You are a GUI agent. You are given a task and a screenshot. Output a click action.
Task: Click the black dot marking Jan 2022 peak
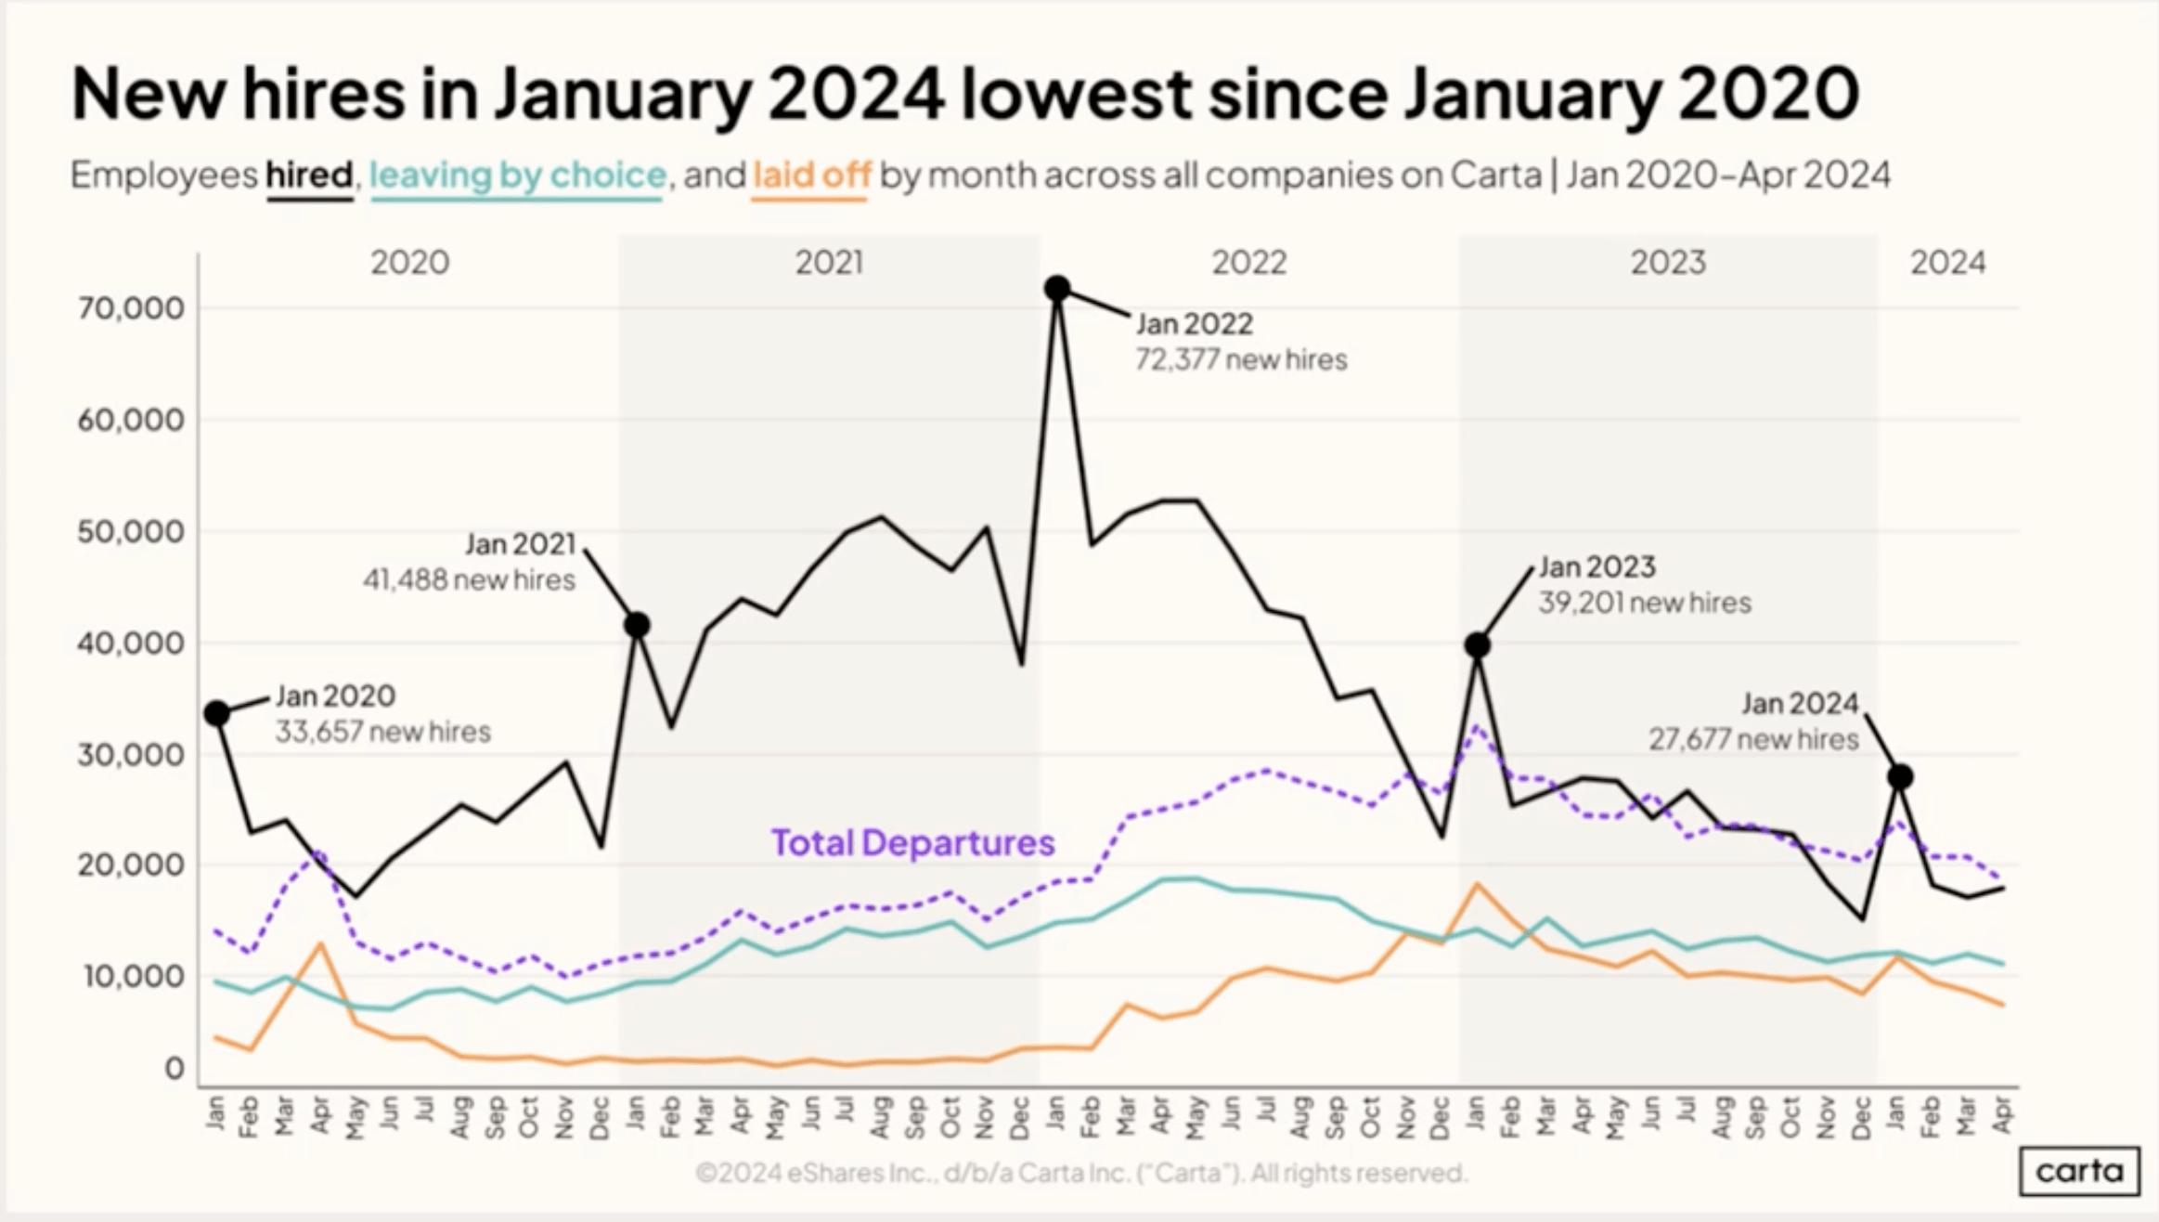coord(1056,289)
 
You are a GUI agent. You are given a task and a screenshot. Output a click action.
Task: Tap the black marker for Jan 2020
coord(217,713)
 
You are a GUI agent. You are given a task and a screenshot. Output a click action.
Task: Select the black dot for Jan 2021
coord(637,625)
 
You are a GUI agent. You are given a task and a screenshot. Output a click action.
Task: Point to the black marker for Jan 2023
coord(1478,645)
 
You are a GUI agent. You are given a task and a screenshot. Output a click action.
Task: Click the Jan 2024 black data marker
coord(1900,776)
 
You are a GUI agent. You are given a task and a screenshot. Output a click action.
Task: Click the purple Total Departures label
coord(912,842)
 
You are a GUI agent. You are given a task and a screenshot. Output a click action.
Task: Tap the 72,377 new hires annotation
coord(1240,359)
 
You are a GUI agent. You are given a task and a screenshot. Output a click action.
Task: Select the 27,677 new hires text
coord(1752,739)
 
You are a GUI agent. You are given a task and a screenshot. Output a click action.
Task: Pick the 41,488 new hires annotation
coord(469,579)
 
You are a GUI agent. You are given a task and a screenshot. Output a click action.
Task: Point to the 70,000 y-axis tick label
coord(131,307)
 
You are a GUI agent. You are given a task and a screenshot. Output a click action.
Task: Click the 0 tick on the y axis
coord(175,1069)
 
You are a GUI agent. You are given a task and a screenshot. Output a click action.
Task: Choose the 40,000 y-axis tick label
coord(131,643)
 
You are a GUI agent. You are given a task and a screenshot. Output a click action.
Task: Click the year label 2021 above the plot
coord(829,263)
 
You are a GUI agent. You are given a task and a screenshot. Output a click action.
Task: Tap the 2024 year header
coord(1947,263)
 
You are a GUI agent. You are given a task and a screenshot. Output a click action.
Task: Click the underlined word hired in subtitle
coord(309,175)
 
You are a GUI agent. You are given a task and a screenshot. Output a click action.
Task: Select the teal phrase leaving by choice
coord(517,175)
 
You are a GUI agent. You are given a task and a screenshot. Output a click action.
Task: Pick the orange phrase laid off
coord(811,175)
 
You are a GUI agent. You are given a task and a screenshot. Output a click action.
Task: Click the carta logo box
coord(2079,1171)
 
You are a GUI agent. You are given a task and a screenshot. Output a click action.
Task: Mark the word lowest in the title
coord(1075,93)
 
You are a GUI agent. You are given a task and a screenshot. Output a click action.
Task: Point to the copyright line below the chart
coord(1080,1173)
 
